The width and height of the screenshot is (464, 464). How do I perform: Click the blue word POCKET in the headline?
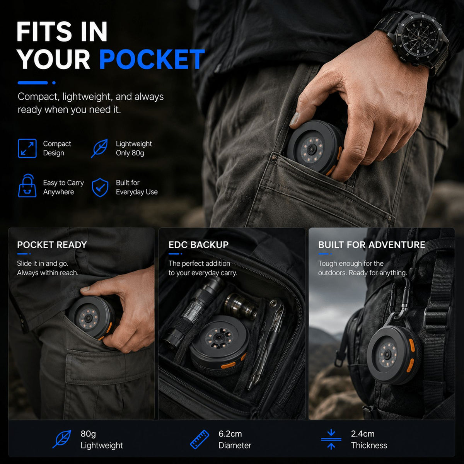(152, 59)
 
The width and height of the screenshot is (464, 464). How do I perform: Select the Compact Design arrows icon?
(27, 148)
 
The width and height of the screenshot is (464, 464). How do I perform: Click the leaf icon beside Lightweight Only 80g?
(99, 148)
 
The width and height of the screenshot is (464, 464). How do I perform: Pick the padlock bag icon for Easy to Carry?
(27, 186)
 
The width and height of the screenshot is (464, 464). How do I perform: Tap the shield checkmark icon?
(100, 188)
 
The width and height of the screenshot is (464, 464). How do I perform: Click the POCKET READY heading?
(52, 245)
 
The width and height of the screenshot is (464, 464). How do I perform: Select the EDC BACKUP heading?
(198, 245)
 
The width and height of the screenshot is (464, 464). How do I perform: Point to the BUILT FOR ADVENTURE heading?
(372, 245)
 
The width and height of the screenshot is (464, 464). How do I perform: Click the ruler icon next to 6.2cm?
(200, 439)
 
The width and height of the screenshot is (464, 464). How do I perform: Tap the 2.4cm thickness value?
(363, 434)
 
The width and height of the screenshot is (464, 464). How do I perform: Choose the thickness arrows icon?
(331, 439)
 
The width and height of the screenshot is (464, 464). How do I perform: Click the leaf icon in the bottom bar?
(62, 439)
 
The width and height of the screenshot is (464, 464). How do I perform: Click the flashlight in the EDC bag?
(193, 313)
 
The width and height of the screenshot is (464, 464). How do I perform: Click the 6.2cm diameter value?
(230, 434)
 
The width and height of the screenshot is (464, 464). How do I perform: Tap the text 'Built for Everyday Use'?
(136, 187)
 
